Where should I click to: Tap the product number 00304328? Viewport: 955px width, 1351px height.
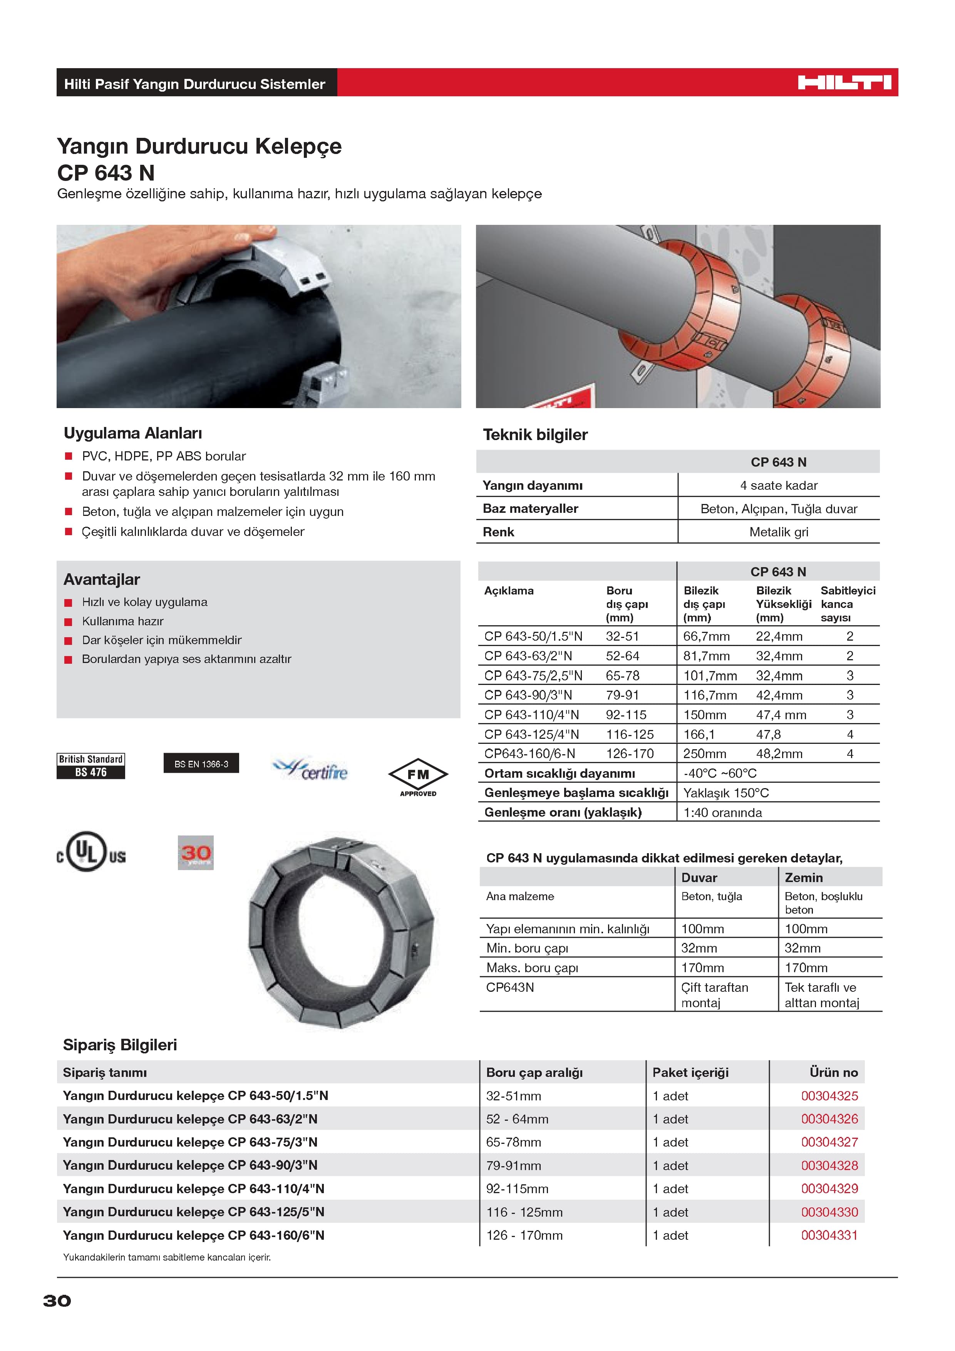[829, 1165]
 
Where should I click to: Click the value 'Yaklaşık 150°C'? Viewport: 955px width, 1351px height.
[725, 793]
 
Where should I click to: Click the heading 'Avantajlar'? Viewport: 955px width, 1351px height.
[102, 579]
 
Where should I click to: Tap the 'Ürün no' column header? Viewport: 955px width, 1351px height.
[833, 1072]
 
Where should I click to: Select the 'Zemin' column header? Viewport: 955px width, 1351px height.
[803, 877]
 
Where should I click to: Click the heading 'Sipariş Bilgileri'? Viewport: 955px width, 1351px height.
[120, 1045]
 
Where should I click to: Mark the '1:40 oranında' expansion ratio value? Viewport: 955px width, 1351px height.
[722, 813]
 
